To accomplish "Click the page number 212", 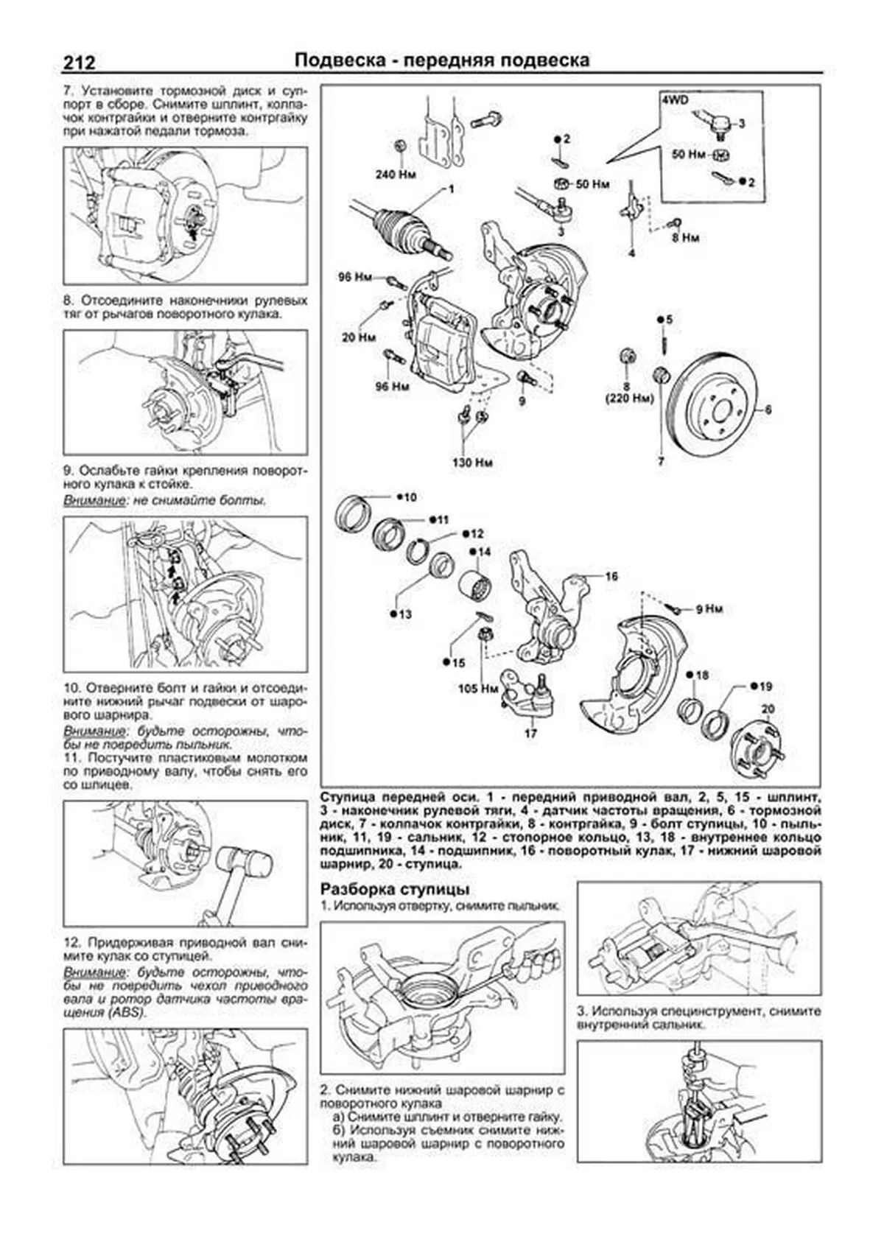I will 79,62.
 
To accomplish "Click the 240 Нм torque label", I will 396,175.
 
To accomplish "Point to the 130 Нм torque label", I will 471,463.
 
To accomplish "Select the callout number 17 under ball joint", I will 530,733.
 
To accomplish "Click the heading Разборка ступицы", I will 395,889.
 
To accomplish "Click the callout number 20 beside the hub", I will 768,709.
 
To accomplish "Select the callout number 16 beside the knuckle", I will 611,577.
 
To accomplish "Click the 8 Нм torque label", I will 685,237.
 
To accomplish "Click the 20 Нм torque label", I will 359,337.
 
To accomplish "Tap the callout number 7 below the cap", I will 661,462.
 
